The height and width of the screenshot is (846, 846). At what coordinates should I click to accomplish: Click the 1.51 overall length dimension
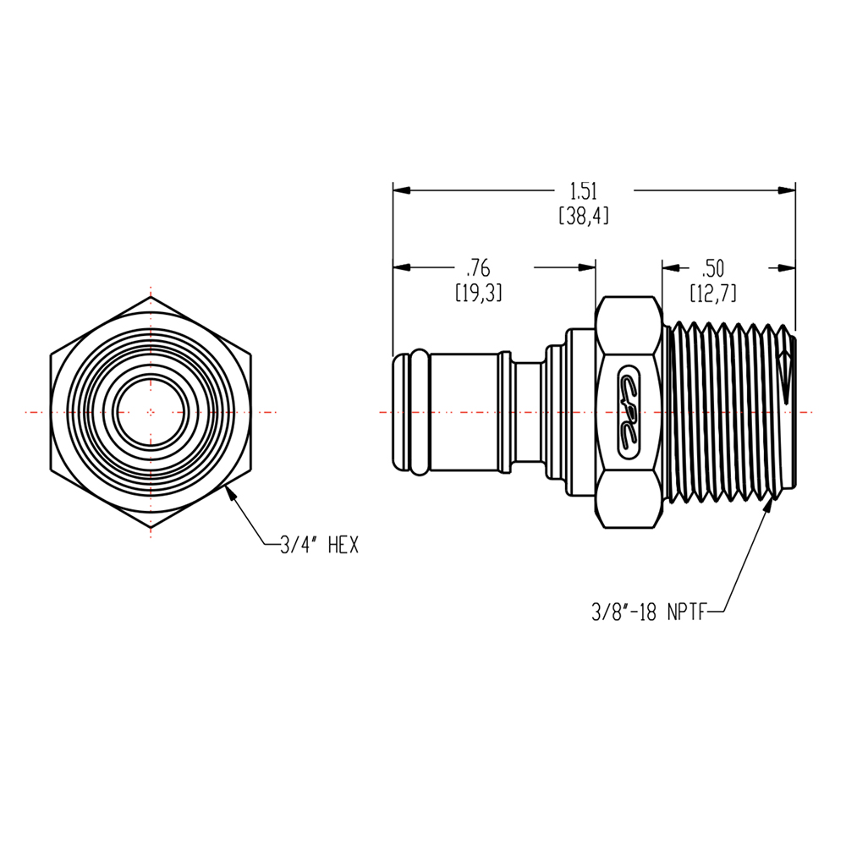[584, 191]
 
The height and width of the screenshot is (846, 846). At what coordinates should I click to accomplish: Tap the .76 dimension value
[479, 269]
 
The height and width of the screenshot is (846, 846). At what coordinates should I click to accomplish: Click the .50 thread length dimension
[713, 269]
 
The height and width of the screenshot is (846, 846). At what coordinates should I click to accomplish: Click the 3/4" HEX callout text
[320, 547]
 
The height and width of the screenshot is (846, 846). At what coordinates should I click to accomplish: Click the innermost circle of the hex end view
[151, 413]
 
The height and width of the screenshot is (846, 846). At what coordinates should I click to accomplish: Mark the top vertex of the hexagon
[151, 298]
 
